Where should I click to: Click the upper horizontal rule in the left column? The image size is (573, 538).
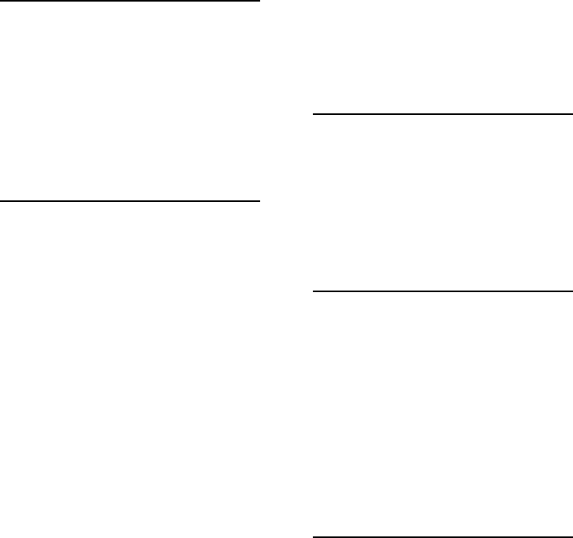130,2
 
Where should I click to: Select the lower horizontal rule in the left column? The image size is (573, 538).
130,201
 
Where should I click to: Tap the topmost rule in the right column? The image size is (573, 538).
442,114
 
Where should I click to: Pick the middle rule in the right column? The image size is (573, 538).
442,291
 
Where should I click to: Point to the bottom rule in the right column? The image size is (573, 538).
442,536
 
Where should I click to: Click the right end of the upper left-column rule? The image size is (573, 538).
259,2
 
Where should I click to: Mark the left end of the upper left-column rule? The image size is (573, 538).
2,2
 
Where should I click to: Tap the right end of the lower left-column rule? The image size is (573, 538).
259,201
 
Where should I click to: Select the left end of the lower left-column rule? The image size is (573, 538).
2,201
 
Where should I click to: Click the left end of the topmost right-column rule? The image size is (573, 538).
314,114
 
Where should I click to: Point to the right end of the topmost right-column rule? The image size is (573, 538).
571,114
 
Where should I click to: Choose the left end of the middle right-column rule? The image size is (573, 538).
314,291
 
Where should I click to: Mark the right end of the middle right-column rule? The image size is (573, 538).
571,291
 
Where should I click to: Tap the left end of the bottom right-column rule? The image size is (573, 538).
314,536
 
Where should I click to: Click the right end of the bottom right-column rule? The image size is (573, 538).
571,536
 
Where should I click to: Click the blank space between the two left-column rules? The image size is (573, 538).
130,101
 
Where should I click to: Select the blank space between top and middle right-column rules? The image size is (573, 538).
442,203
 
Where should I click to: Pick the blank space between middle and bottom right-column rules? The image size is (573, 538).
442,413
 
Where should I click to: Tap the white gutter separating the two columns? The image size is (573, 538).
286,269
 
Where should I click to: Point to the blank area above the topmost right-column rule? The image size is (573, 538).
442,56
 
